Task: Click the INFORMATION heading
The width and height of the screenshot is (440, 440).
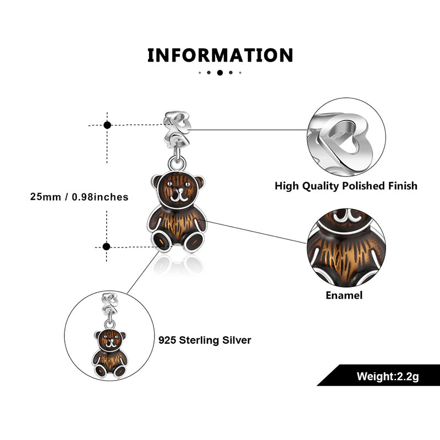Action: (220, 56)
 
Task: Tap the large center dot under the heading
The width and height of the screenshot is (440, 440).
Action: (220, 72)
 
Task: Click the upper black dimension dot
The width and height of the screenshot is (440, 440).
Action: (107, 125)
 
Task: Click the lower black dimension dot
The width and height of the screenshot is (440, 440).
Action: (107, 246)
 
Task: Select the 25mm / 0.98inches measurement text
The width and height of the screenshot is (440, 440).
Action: (79, 197)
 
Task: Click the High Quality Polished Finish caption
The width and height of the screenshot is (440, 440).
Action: (346, 186)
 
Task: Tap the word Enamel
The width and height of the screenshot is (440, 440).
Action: (344, 295)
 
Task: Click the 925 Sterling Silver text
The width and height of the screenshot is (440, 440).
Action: (205, 340)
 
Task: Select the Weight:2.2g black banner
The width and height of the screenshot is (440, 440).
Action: (380, 377)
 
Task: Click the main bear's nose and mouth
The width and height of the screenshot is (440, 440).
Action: (177, 195)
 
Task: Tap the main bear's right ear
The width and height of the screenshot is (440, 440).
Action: (197, 182)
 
